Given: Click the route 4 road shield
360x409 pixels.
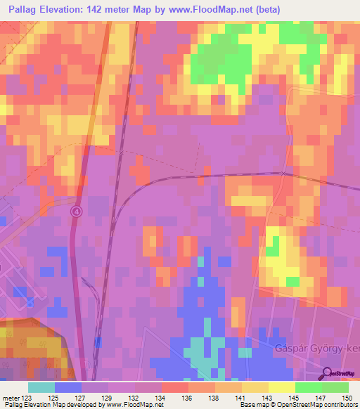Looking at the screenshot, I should tap(76, 211).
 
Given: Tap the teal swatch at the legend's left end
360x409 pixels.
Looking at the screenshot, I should tap(41, 387).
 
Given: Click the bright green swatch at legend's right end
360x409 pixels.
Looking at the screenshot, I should tap(335, 387).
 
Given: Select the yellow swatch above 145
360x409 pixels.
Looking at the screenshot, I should tap(281, 387).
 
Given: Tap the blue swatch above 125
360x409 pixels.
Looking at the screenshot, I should tap(68, 387).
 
